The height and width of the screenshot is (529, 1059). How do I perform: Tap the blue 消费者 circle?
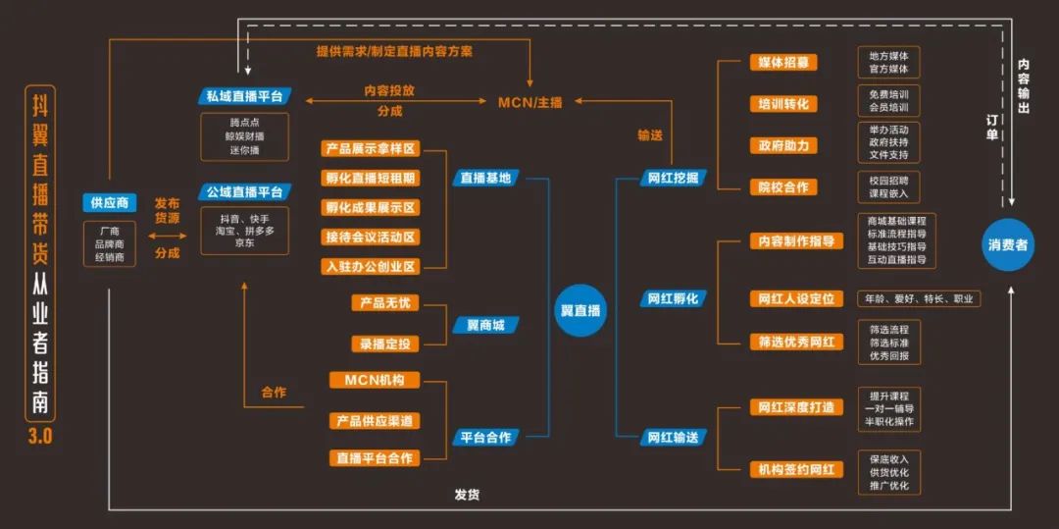[x=1008, y=245]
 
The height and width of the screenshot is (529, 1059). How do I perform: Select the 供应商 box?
[x=110, y=203]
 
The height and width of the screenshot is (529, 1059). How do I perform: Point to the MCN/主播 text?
[x=530, y=101]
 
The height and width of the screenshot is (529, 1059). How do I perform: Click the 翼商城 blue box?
[x=484, y=325]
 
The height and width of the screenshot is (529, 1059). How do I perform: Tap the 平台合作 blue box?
[x=485, y=437]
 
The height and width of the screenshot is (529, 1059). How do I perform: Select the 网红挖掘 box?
[x=674, y=178]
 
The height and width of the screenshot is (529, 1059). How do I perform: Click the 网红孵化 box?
[x=673, y=298]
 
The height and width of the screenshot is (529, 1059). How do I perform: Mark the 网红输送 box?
[x=673, y=437]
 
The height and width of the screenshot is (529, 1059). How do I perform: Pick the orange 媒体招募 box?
[x=782, y=63]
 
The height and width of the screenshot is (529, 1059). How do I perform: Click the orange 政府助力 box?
[x=782, y=145]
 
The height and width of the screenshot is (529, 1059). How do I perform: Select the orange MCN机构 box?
[x=374, y=380]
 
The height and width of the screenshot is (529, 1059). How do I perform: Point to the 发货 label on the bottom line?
[x=467, y=495]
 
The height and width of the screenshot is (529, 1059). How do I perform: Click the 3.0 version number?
[x=40, y=436]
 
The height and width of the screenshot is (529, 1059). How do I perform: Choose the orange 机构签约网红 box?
[x=795, y=469]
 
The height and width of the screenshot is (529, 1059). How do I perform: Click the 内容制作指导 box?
[x=795, y=241]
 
